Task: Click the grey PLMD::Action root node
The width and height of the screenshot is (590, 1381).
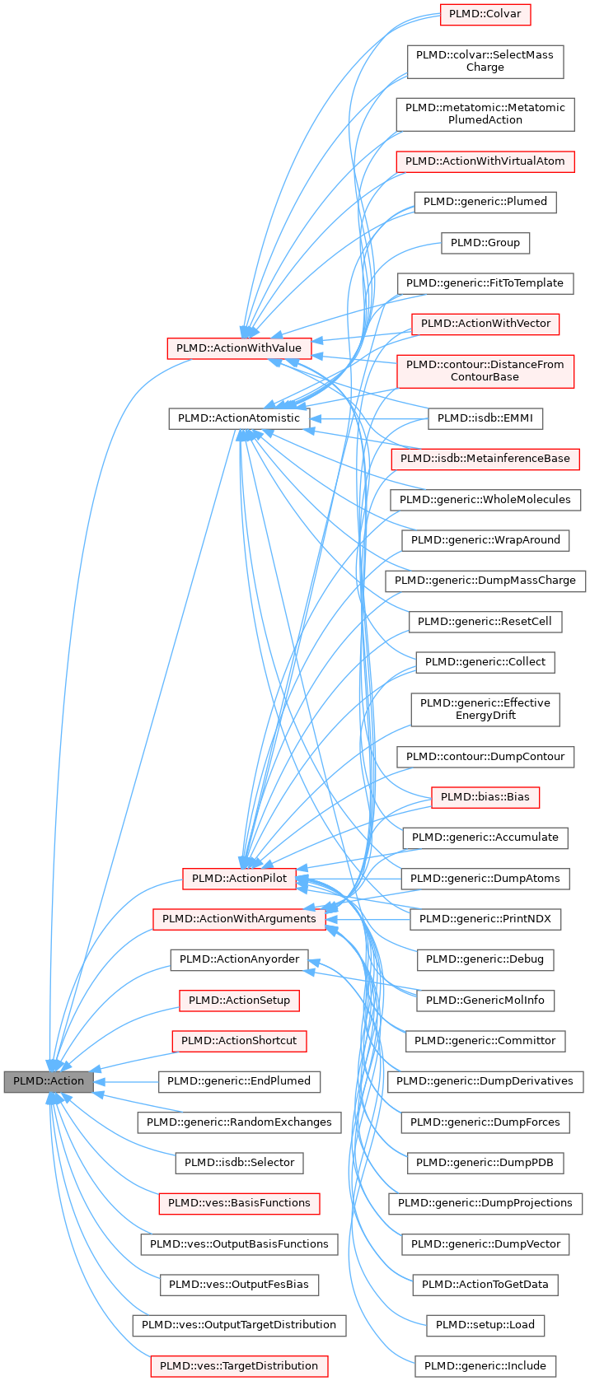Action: (48, 1081)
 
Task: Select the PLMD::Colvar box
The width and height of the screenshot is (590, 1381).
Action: (485, 14)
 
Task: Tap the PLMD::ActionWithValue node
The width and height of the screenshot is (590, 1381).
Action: (239, 348)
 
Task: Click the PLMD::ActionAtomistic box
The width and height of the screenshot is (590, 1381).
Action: (239, 418)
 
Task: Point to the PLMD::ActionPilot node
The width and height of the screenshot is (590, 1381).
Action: (239, 879)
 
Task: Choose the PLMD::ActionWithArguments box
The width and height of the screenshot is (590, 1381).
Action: (239, 919)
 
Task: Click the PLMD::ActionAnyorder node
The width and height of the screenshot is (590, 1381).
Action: (239, 959)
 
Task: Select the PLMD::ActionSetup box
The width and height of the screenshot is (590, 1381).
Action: (239, 1001)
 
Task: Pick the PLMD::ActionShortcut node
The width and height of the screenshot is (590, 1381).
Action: (239, 1041)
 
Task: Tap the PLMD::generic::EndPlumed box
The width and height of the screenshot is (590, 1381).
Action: (239, 1081)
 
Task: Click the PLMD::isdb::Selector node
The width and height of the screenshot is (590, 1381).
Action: (239, 1163)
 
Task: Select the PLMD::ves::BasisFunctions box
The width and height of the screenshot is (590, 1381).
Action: (239, 1203)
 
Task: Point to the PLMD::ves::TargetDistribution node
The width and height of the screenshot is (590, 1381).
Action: (239, 1366)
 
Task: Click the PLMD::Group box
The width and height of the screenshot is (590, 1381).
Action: (485, 243)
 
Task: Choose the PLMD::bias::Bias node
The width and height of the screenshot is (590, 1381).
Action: (485, 797)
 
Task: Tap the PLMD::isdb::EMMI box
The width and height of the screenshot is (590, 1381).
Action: (485, 418)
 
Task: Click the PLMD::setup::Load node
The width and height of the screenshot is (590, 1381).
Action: (485, 1325)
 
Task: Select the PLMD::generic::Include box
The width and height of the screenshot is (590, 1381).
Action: (485, 1366)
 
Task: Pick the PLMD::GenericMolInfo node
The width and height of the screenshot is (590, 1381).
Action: (485, 1001)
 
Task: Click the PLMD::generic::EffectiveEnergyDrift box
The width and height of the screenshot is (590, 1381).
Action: (485, 709)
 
